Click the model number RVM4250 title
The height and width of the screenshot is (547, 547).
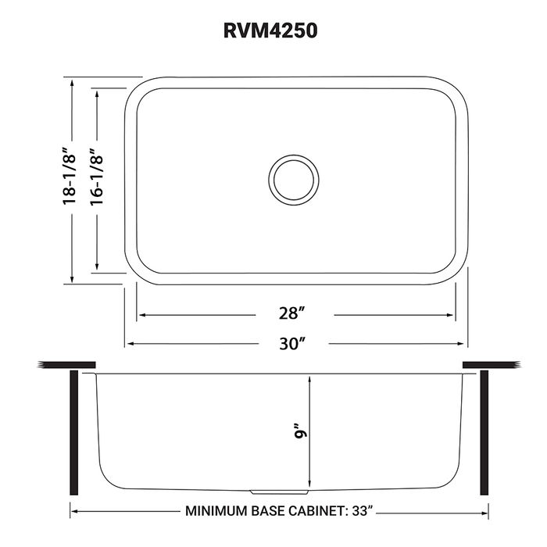273,30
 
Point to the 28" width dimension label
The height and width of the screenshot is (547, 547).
291,314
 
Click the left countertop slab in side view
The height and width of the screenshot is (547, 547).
66,365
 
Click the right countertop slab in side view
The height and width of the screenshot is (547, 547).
492,365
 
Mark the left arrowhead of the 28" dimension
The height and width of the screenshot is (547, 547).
141,315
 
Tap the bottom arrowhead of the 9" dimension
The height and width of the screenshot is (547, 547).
310,483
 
